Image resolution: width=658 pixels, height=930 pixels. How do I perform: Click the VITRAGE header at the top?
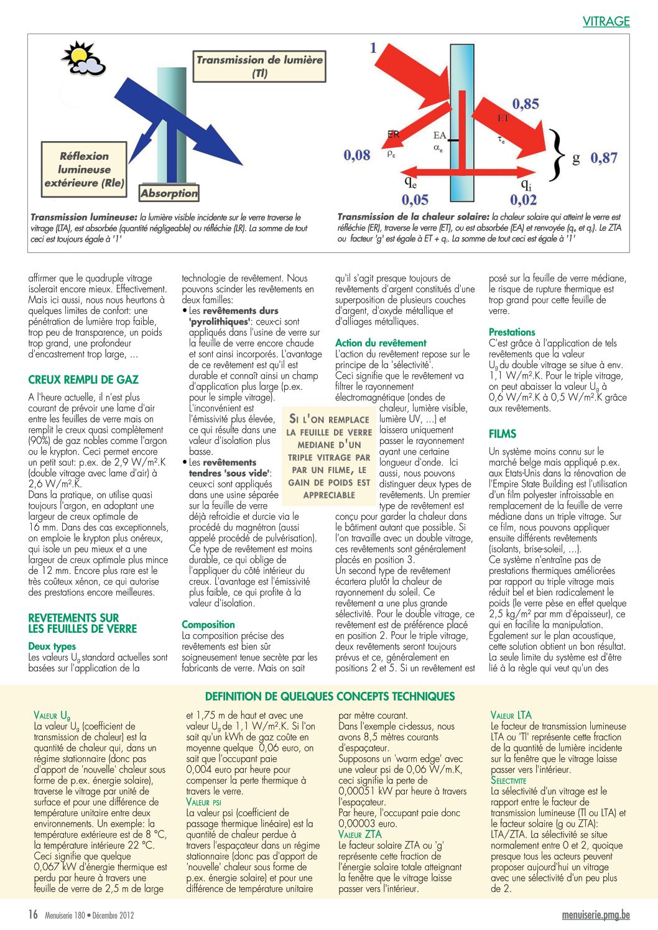(606, 21)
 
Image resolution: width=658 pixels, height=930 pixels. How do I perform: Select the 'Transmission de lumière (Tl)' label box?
(259, 67)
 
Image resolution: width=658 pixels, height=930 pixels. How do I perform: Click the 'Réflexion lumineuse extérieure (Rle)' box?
(84, 170)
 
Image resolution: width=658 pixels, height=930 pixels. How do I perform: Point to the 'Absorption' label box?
(169, 193)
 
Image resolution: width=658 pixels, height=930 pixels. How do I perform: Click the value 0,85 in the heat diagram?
(526, 104)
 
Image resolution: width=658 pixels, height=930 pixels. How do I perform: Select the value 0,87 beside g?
(604, 158)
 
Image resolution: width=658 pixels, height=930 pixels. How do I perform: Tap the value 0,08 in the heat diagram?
(357, 155)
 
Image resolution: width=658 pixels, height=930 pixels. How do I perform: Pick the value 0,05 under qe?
(415, 200)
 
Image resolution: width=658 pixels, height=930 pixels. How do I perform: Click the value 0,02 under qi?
(523, 200)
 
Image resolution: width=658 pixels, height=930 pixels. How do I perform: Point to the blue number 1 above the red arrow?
(373, 48)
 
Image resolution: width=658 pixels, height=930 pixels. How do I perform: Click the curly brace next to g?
(558, 158)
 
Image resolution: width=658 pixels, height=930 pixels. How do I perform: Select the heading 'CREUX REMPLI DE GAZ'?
(83, 380)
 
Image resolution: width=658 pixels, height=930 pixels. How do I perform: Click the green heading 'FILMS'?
(503, 434)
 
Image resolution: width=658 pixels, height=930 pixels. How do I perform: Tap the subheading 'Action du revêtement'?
(381, 343)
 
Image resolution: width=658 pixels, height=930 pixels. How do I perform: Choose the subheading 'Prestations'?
(512, 332)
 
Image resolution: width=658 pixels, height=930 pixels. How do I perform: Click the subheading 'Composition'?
(208, 624)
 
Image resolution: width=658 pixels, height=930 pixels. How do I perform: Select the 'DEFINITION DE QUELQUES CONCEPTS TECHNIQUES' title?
(330, 696)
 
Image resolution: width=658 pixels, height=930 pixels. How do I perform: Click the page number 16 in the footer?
(33, 914)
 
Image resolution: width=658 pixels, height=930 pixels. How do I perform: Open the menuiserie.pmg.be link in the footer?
(595, 914)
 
